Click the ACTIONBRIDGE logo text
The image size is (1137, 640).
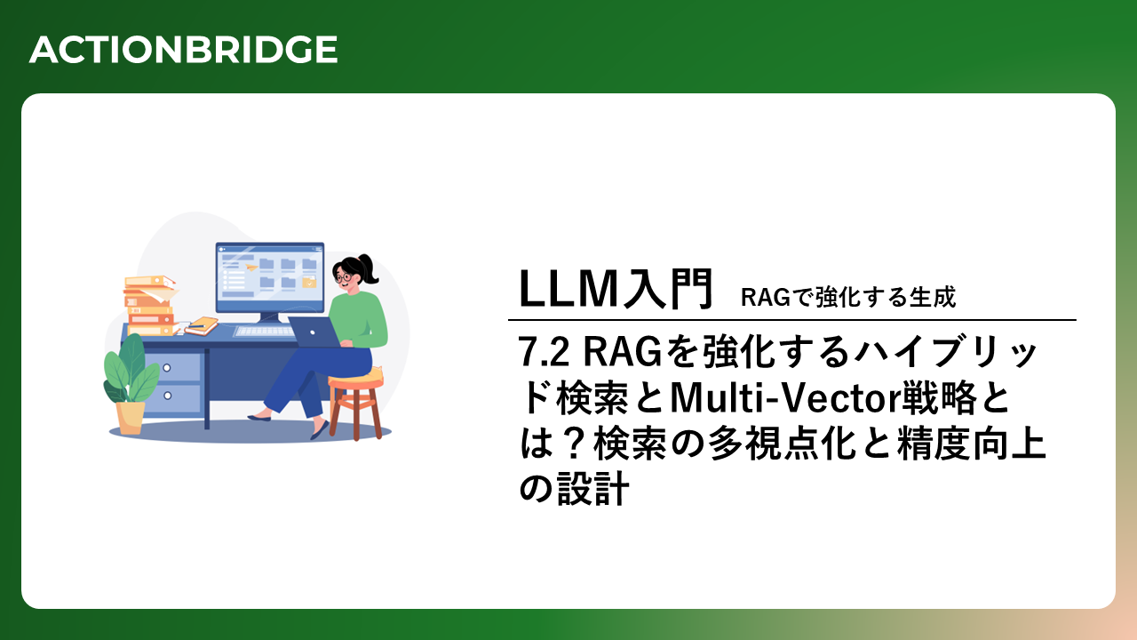(x=183, y=49)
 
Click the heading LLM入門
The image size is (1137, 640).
(x=616, y=289)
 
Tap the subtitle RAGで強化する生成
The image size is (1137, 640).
(x=848, y=297)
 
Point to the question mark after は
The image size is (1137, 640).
(x=575, y=444)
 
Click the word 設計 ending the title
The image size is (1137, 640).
(x=593, y=489)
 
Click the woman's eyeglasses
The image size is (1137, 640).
(x=344, y=277)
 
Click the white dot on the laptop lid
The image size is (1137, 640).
(x=313, y=332)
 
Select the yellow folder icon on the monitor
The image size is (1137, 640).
(x=309, y=282)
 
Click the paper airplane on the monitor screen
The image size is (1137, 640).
(x=250, y=267)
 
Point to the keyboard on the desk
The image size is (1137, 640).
(x=264, y=332)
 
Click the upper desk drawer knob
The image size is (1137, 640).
(x=166, y=368)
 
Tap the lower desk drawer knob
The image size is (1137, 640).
(x=168, y=396)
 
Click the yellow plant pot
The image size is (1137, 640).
(x=130, y=418)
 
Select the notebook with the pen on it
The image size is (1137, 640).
(x=202, y=325)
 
